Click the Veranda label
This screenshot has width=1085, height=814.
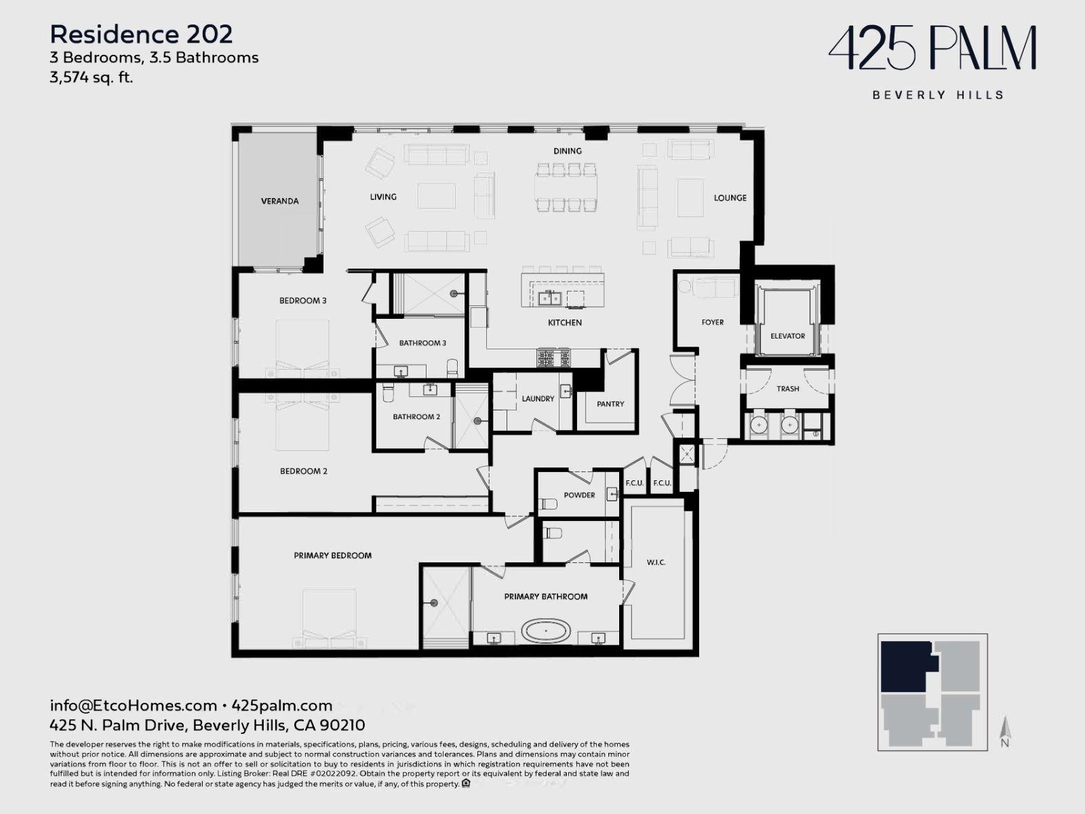point(280,201)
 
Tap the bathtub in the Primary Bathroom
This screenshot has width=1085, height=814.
point(546,631)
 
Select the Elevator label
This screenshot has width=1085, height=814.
point(787,336)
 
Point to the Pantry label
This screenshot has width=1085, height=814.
point(610,404)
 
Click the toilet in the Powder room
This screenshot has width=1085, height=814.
point(549,504)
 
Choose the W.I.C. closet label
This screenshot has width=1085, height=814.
point(656,562)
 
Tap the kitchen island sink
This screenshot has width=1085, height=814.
point(550,298)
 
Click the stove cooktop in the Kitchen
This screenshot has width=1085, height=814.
point(553,357)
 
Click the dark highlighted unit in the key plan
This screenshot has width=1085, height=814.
point(905,666)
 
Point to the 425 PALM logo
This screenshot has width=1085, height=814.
point(932,48)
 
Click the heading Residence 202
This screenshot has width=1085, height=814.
point(141,35)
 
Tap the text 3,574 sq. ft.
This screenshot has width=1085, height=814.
point(92,77)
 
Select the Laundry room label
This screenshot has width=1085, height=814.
point(538,399)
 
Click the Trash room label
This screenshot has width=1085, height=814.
point(787,389)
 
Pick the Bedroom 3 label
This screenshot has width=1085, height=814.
point(302,301)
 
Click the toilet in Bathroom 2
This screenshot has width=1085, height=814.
point(388,393)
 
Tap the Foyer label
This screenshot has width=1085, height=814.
point(712,322)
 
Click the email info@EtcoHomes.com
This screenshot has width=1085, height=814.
point(134,705)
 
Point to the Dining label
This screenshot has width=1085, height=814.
point(568,151)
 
